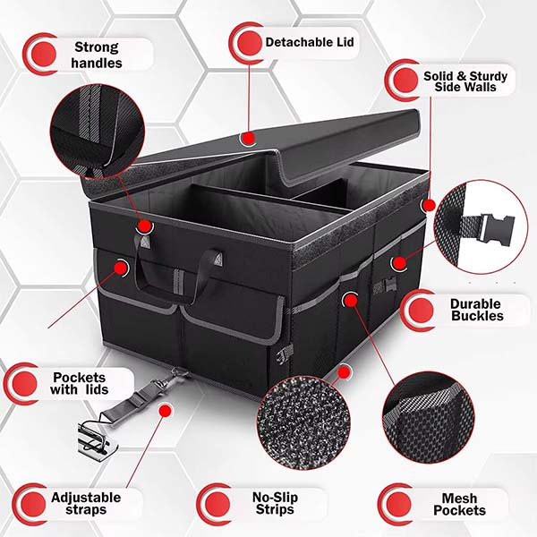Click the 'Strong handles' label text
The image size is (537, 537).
97,55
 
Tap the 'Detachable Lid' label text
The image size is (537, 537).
310,42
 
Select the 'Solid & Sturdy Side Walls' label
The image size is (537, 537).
465,81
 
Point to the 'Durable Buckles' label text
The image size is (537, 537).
477,310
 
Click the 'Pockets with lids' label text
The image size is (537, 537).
80,384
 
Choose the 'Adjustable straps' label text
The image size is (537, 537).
86,503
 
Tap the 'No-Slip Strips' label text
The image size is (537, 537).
275,503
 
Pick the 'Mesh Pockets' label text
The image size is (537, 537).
460,504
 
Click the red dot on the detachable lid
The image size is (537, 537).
248,138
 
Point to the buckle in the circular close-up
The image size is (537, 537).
490,227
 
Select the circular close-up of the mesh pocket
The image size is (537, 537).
429,418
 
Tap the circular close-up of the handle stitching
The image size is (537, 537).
98,132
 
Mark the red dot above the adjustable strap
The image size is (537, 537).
165,411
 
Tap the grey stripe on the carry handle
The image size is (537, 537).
178,282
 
